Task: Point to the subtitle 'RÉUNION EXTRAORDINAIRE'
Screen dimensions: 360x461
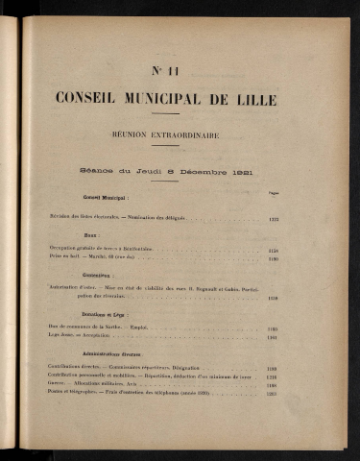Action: (180, 135)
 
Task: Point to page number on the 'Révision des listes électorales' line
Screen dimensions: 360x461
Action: (273, 218)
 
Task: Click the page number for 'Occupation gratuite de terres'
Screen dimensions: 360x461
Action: (273, 250)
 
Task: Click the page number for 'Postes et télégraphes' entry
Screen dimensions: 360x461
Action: (273, 394)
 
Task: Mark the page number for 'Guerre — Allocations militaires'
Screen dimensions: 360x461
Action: (273, 385)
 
